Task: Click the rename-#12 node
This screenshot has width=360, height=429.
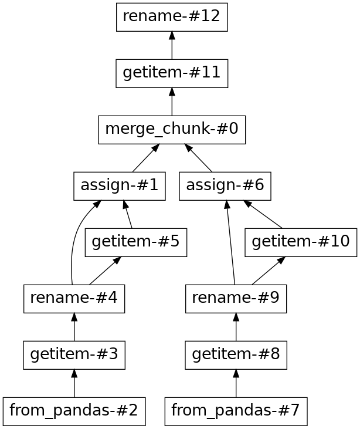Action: click(172, 16)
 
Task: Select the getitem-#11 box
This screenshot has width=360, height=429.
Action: click(172, 73)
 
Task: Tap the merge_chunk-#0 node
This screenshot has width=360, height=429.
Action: click(172, 130)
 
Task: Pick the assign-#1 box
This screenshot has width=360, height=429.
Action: click(120, 186)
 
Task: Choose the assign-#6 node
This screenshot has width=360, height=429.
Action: click(225, 186)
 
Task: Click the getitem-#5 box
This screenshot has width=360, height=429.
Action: click(135, 242)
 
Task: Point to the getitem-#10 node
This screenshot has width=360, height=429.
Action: click(301, 242)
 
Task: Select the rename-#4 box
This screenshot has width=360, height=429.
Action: click(74, 299)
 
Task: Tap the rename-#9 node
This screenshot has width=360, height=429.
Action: click(236, 299)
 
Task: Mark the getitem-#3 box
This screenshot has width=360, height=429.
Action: click(74, 355)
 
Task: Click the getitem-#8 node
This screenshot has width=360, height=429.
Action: click(236, 355)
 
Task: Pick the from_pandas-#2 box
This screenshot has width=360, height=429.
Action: click(74, 411)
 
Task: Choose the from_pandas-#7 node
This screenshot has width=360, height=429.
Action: click(236, 411)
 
